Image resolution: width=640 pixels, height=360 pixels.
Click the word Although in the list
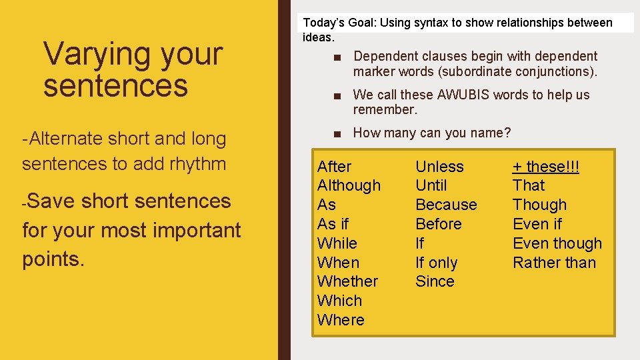coord(349,185)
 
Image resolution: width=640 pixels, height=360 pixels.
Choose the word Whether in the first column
coord(347,281)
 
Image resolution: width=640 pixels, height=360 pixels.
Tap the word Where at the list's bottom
coord(341,320)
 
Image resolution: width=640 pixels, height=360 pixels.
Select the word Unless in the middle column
coord(439,167)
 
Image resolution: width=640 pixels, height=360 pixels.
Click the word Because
coord(446,205)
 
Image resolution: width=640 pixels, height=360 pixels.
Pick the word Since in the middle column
coord(435,281)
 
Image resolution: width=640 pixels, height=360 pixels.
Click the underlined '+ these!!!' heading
coord(545,167)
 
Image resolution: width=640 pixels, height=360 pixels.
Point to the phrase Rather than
coord(554,263)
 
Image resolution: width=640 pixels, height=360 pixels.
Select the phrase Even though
coord(557,243)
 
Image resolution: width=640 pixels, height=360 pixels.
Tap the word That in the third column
coord(529,185)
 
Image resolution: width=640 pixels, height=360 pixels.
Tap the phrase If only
coord(436,263)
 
